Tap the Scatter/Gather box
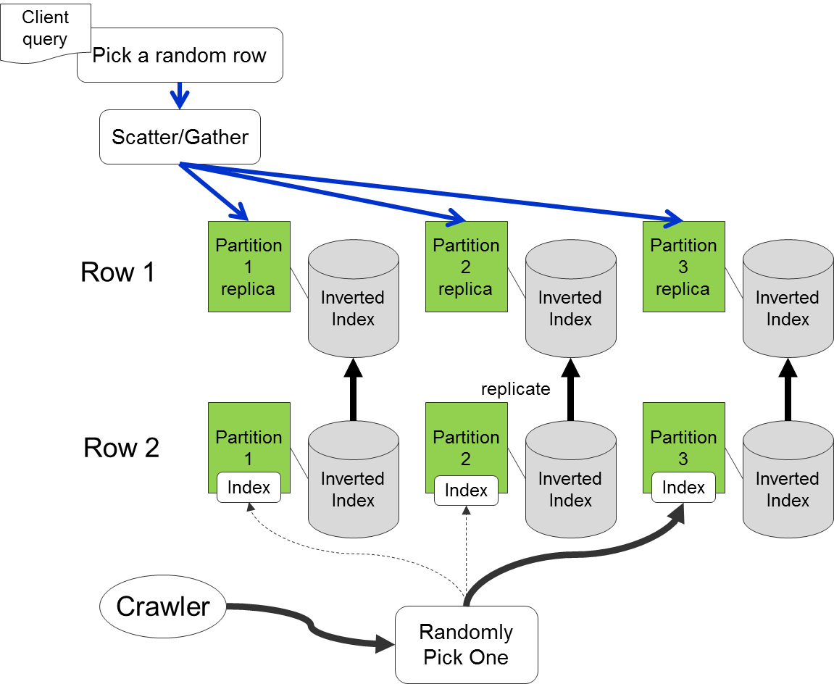tap(180, 137)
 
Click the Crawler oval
tap(162, 606)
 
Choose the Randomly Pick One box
tap(466, 644)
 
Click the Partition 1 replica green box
tap(249, 267)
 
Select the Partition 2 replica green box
tap(466, 267)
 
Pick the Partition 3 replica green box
tap(683, 267)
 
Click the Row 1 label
tap(117, 272)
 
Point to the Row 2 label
tap(121, 448)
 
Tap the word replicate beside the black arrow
tap(515, 389)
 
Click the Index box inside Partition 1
tap(249, 488)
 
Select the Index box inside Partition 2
tap(466, 491)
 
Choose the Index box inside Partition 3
tap(683, 488)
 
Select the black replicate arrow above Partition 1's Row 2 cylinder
tap(353, 391)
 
